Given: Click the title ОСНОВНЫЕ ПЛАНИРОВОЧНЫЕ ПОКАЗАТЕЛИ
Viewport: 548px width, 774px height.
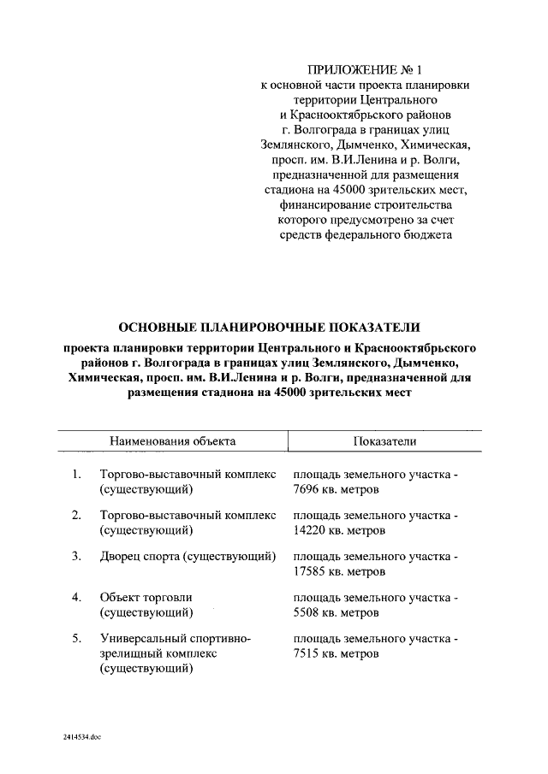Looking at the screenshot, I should pos(270,327).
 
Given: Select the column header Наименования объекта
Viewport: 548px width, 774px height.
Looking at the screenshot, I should pos(172,440).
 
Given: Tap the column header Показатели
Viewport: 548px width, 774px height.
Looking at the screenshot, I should pos(384,440).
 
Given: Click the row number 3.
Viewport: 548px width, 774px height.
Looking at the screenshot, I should pos(76,557).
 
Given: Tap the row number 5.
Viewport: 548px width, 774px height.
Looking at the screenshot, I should pos(76,639).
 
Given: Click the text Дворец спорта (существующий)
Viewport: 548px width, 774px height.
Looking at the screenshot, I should pos(188,557).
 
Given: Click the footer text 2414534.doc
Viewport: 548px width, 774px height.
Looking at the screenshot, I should pos(82,736).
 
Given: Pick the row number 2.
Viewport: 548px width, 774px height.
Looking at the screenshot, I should pos(76,516).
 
